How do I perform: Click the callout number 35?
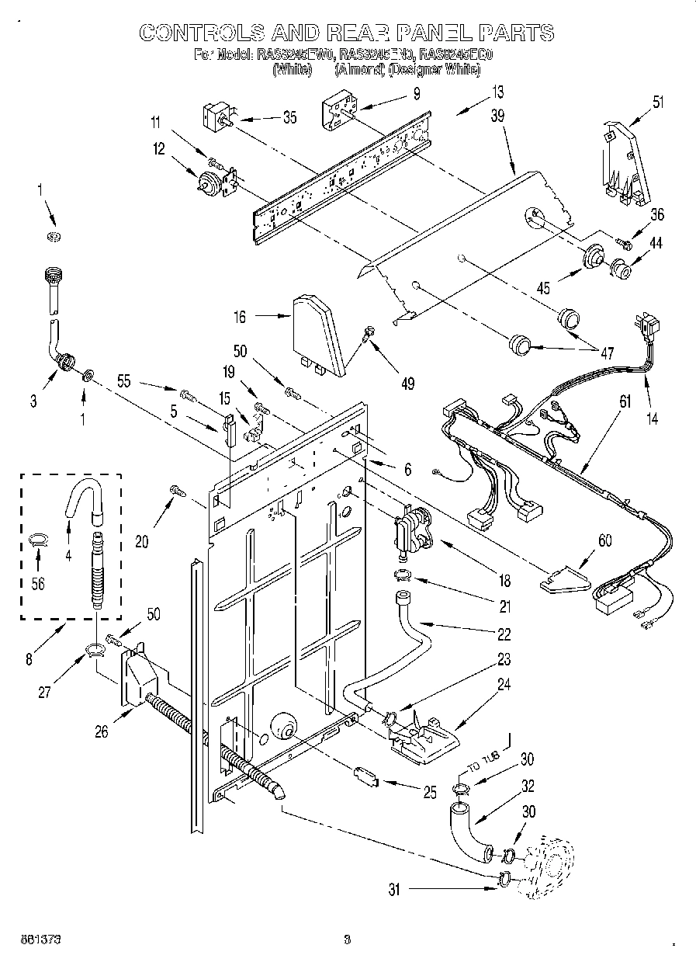tap(289, 118)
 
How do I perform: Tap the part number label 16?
tap(241, 316)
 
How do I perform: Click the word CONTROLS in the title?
tap(201, 33)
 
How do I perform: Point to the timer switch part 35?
tap(215, 116)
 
